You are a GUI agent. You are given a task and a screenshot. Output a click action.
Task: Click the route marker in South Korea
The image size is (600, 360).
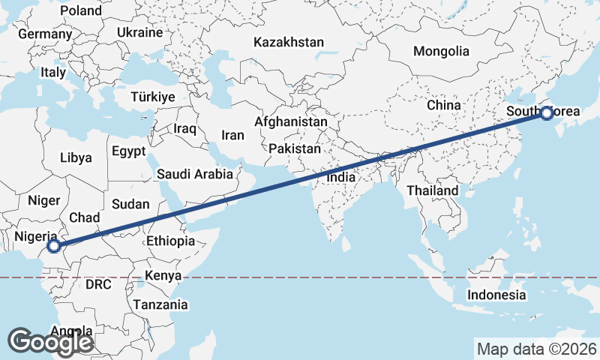pyautogui.click(x=546, y=114)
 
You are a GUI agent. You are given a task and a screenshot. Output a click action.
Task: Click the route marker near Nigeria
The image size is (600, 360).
pyautogui.click(x=53, y=245)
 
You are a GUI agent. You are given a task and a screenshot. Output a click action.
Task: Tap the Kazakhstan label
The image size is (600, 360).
pyautogui.click(x=289, y=42)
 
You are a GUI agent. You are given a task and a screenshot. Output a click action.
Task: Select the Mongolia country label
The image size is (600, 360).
pyautogui.click(x=442, y=52)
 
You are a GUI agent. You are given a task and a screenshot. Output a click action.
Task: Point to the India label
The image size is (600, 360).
pyautogui.click(x=341, y=178)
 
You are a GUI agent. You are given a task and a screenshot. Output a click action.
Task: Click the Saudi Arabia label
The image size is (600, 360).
pyautogui.click(x=195, y=174)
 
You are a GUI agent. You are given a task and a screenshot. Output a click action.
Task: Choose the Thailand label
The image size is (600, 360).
pyautogui.click(x=433, y=190)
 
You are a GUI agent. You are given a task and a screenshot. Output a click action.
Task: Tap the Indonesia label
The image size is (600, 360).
pyautogui.click(x=496, y=295)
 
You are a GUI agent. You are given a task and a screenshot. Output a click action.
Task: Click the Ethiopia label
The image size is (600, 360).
pyautogui.click(x=171, y=241)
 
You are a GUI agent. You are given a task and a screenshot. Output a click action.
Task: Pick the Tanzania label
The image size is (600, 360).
pyautogui.click(x=160, y=304)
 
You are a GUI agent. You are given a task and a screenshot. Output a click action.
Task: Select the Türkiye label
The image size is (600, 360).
pyautogui.click(x=152, y=97)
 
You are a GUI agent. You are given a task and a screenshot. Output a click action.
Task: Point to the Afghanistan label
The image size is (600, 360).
pyautogui.click(x=291, y=121)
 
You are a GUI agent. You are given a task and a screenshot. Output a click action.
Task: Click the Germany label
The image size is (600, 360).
pyautogui.click(x=45, y=34)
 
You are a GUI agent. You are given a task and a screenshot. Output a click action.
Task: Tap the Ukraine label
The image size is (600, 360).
pyautogui.click(x=139, y=33)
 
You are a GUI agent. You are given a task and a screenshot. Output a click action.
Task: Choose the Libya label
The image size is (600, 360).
pyautogui.click(x=76, y=158)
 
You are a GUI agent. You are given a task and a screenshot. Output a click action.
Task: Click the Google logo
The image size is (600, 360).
pyautogui.click(x=50, y=342)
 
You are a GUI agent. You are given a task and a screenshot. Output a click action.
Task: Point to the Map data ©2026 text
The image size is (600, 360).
pyautogui.click(x=537, y=349)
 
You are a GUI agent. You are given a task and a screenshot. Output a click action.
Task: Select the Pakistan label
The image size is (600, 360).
pyautogui.click(x=295, y=149)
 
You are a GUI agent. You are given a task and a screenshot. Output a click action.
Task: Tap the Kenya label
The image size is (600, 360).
pyautogui.click(x=163, y=275)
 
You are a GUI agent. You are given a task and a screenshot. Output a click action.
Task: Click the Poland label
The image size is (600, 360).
pyautogui.click(x=80, y=10)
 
